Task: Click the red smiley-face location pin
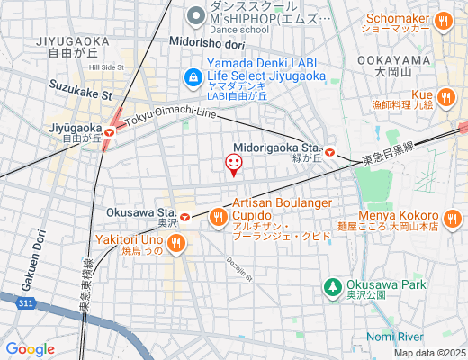pos(233,164)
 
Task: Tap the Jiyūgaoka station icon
pos(109,132)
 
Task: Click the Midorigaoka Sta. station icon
pos(330,153)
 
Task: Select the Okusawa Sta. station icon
pos(184,216)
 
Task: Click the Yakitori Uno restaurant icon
pos(176,240)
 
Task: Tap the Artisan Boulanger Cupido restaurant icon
pos(218,216)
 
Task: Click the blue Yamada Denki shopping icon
pos(193,77)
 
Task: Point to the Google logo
pos(30,348)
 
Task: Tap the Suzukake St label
pos(81,93)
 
